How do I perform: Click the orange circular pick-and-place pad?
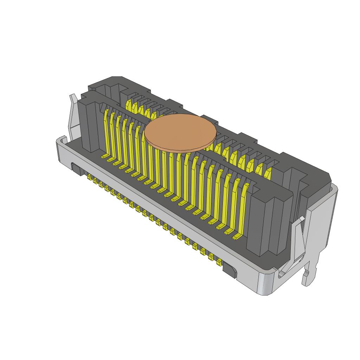[180, 132]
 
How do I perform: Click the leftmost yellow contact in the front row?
[106, 130]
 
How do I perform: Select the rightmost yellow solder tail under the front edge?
[219, 262]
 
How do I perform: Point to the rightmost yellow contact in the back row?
[268, 173]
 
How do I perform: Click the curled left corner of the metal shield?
[62, 141]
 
